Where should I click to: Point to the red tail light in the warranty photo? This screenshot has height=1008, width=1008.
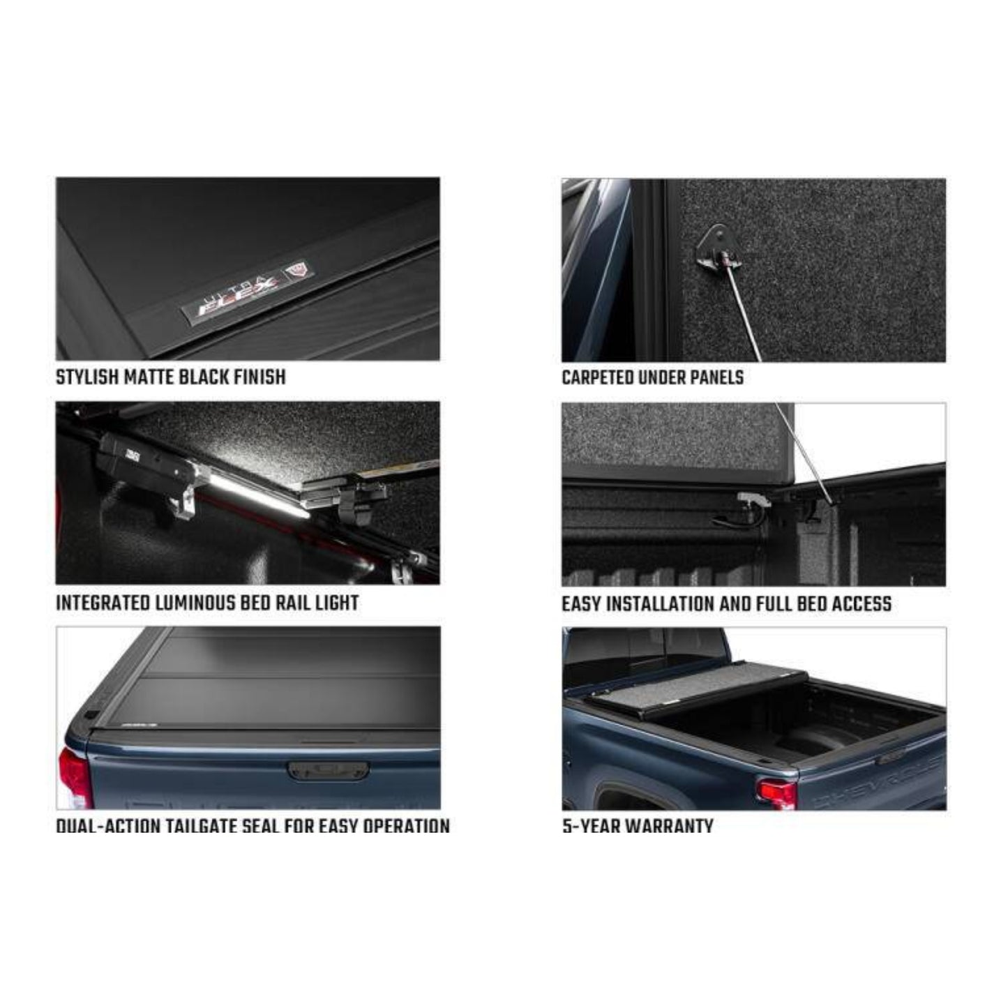click(x=776, y=794)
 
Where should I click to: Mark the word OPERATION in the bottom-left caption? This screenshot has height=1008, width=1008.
click(x=406, y=827)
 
